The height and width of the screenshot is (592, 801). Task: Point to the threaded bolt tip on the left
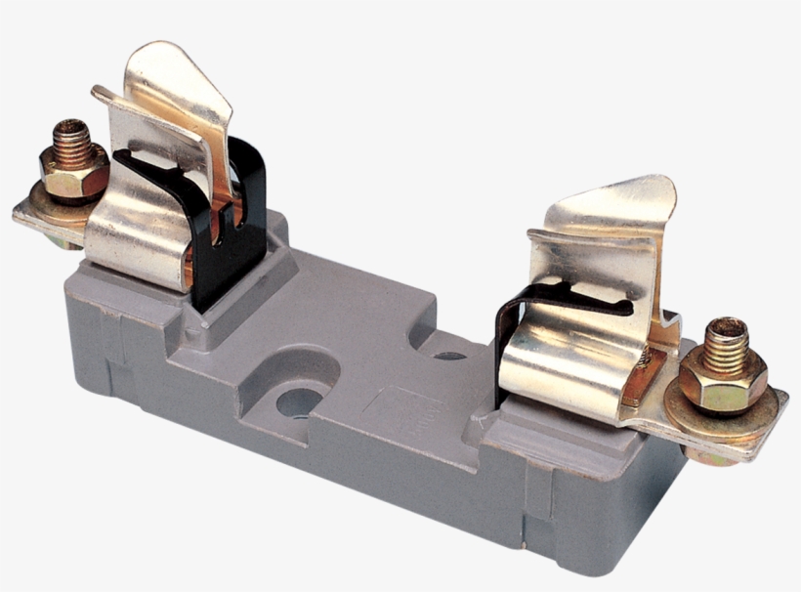tap(70, 135)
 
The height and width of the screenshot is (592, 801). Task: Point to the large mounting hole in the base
tap(299, 402)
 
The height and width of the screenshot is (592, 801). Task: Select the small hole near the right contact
tap(449, 355)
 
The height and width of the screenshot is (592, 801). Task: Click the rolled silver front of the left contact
tap(137, 234)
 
